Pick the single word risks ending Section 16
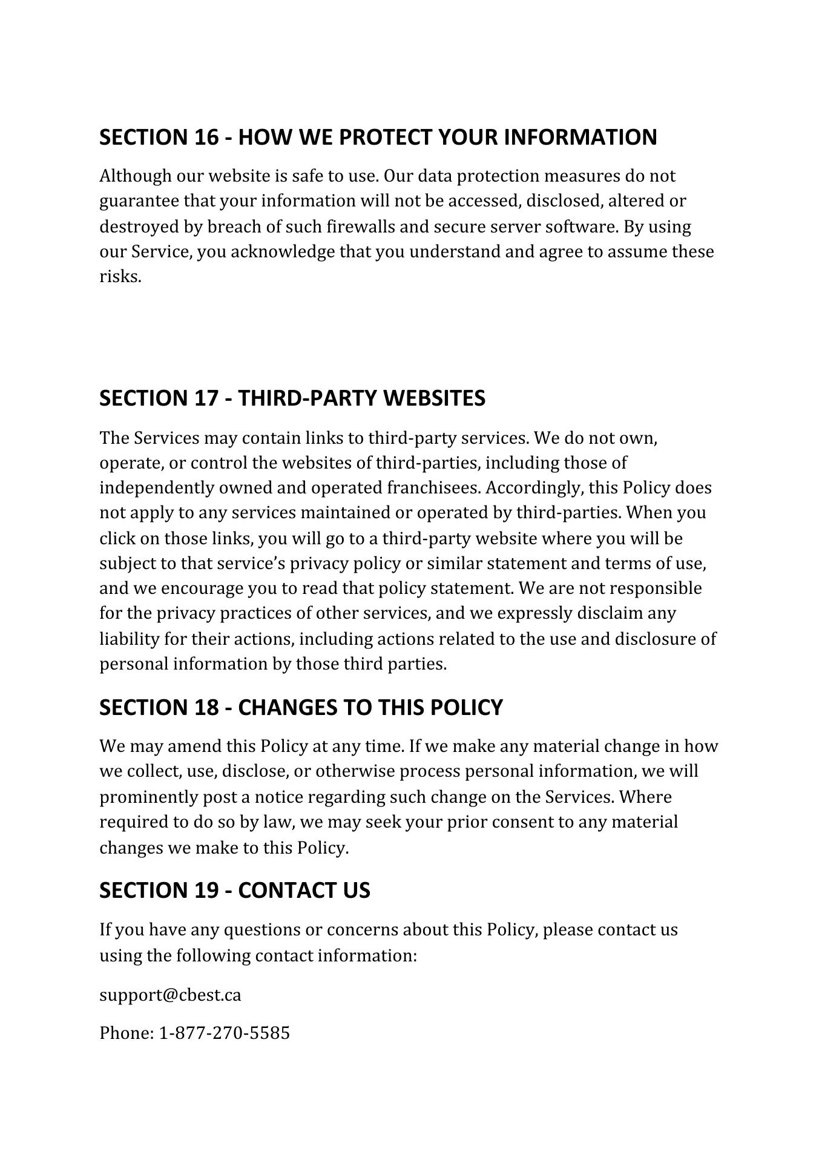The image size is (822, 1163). click(120, 277)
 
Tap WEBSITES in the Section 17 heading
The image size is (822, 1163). click(434, 398)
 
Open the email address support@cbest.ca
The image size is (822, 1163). click(170, 995)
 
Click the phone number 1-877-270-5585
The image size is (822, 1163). click(224, 1033)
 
